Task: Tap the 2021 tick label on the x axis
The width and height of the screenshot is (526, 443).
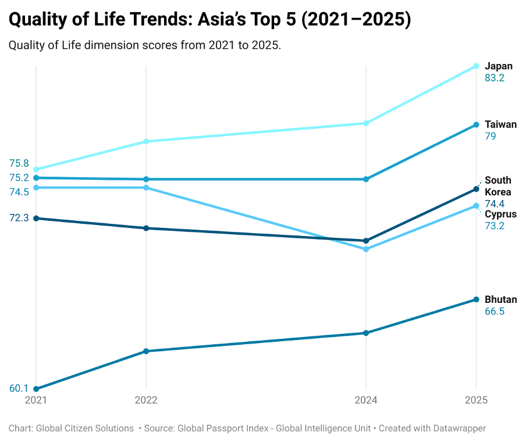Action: pos(36,400)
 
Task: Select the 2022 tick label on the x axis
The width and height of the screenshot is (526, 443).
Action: pos(146,400)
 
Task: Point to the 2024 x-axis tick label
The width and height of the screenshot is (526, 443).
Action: pos(366,400)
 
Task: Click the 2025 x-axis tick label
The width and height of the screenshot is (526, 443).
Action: pos(476,400)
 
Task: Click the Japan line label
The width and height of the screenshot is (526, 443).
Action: pos(499,66)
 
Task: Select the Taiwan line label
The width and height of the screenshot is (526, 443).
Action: pos(500,124)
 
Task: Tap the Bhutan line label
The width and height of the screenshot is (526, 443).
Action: pos(500,299)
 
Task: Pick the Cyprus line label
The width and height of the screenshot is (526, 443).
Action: pos(500,214)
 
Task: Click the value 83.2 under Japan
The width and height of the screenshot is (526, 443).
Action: pos(495,78)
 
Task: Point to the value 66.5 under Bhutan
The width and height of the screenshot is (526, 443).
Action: pos(495,312)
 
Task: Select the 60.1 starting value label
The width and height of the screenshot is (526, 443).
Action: pos(19,388)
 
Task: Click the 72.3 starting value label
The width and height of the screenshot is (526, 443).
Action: pos(19,217)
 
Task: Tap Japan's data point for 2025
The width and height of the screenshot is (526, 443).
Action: pos(476,66)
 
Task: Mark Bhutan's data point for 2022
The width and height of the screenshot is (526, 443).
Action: pos(146,351)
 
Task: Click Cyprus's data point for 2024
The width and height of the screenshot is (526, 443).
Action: pos(366,249)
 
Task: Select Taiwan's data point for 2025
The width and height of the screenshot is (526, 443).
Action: pos(476,125)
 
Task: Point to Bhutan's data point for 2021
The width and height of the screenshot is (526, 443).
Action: pos(36,389)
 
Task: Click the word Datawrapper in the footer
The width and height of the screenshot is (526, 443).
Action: pos(457,428)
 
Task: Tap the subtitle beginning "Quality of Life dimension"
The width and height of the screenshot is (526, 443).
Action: pos(145,45)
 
